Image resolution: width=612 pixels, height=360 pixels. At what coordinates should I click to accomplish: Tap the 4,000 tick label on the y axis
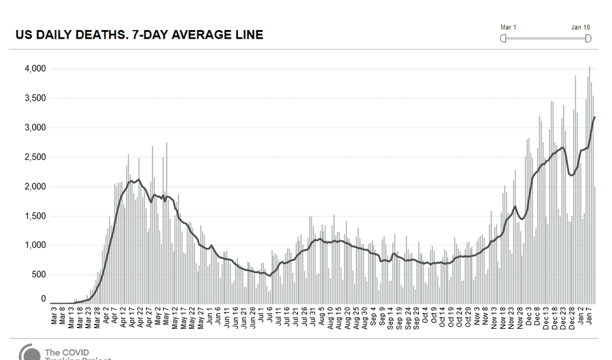[x=35, y=69]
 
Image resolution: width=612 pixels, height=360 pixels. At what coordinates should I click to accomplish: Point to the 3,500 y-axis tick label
[x=35, y=98]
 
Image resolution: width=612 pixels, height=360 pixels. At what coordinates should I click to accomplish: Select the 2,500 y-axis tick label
[x=35, y=157]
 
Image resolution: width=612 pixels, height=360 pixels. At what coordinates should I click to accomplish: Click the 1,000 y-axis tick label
[x=35, y=246]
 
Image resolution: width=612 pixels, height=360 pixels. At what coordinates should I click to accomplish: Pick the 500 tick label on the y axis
[x=39, y=275]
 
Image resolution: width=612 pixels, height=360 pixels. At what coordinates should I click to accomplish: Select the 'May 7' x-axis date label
[x=158, y=316]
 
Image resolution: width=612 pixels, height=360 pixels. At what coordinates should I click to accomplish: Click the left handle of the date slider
[x=504, y=39]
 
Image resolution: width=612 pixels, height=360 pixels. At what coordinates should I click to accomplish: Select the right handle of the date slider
[x=588, y=39]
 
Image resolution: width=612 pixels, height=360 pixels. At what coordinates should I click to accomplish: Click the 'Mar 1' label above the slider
[x=509, y=28]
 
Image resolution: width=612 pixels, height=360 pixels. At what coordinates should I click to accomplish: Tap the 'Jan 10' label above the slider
[x=581, y=28]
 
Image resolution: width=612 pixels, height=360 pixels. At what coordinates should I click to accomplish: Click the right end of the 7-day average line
[x=595, y=117]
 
